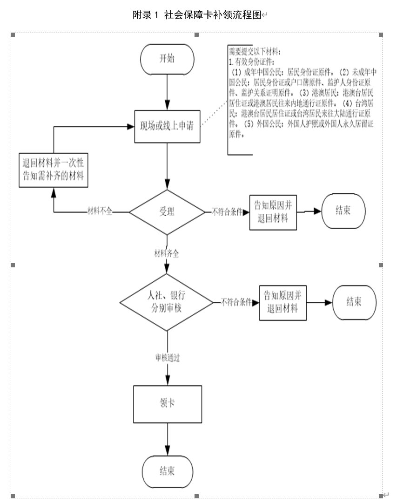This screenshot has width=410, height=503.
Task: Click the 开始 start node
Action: pos(168,59)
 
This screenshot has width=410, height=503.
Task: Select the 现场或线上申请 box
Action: pos(168,126)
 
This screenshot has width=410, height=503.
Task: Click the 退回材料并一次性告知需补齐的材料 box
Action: pos(54,170)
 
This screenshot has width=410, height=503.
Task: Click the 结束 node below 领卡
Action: pos(168,471)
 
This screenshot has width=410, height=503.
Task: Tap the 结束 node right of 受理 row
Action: pos(343,211)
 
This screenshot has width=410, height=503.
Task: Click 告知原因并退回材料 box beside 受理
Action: pos(273,212)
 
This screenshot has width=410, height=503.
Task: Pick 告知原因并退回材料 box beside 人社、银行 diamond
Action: pos(283,302)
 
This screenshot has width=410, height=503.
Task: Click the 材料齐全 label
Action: pos(167,253)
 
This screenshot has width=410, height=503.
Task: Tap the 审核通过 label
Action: pos(168,358)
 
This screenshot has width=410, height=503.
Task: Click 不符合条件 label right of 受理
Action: pos(228,212)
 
